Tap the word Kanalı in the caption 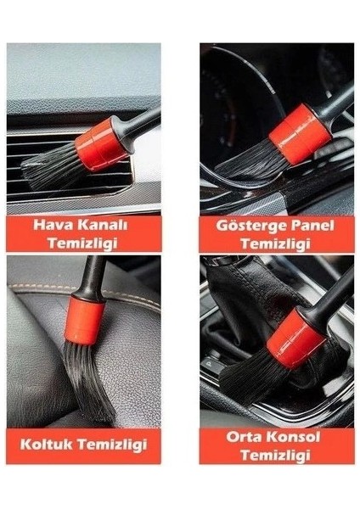tap(105, 227)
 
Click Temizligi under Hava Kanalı tap(82, 243)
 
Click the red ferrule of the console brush tap(292, 333)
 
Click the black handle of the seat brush tap(93, 277)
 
